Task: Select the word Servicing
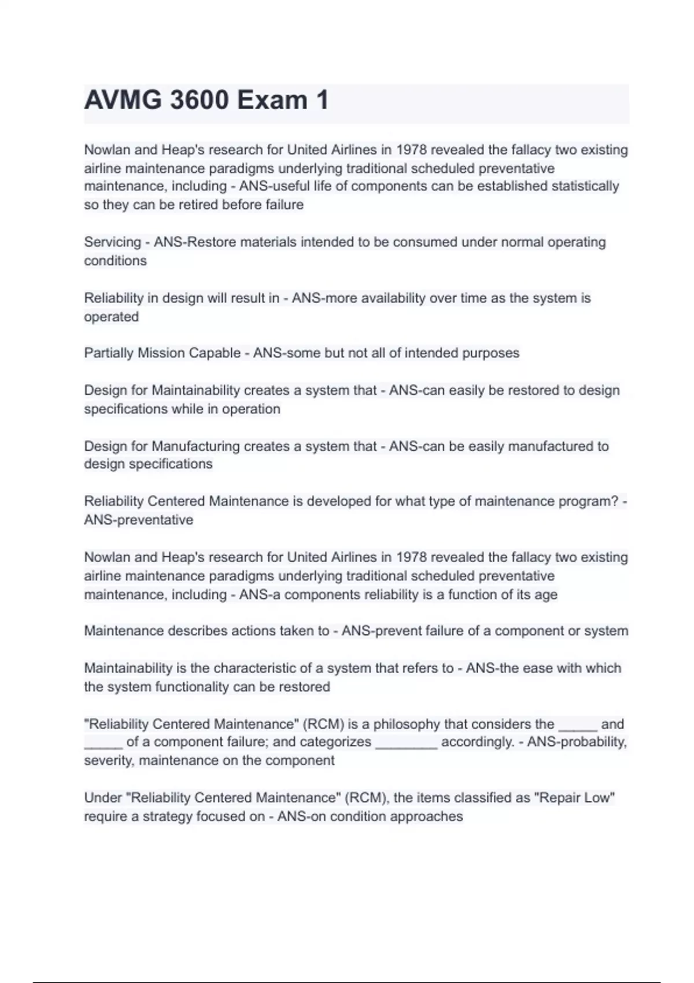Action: pos(112,242)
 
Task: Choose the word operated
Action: pos(112,317)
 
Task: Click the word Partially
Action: pos(109,353)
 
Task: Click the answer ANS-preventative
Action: pos(139,520)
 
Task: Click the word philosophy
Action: pos(407,725)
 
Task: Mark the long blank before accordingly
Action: pos(407,744)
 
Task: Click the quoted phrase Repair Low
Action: pos(574,798)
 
